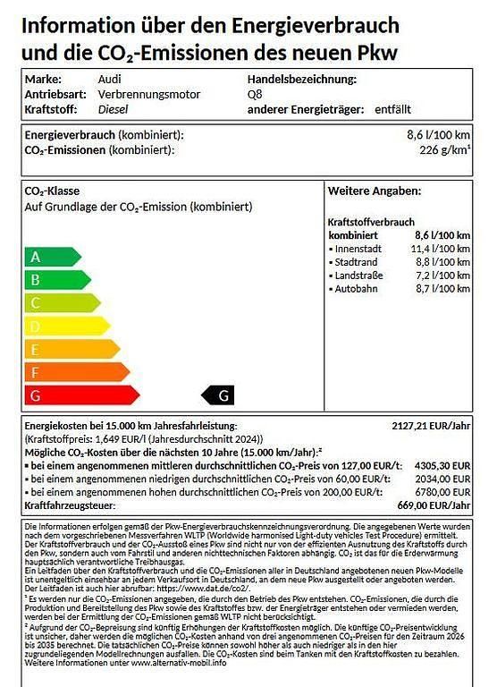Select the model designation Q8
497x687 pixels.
256,94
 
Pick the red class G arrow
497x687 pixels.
80,394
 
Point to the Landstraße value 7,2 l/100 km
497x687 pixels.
442,276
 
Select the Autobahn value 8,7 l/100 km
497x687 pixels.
442,290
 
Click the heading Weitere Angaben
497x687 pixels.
368,191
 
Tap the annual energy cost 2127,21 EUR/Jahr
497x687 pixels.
431,426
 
